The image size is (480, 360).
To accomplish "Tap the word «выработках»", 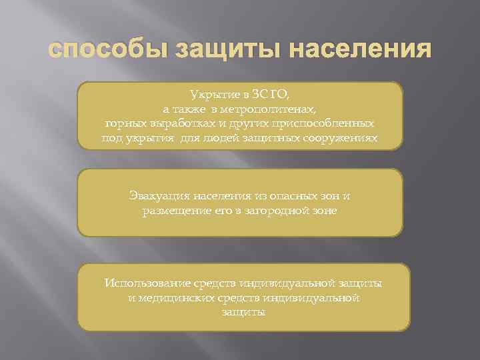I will pyautogui.click(x=176, y=124).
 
